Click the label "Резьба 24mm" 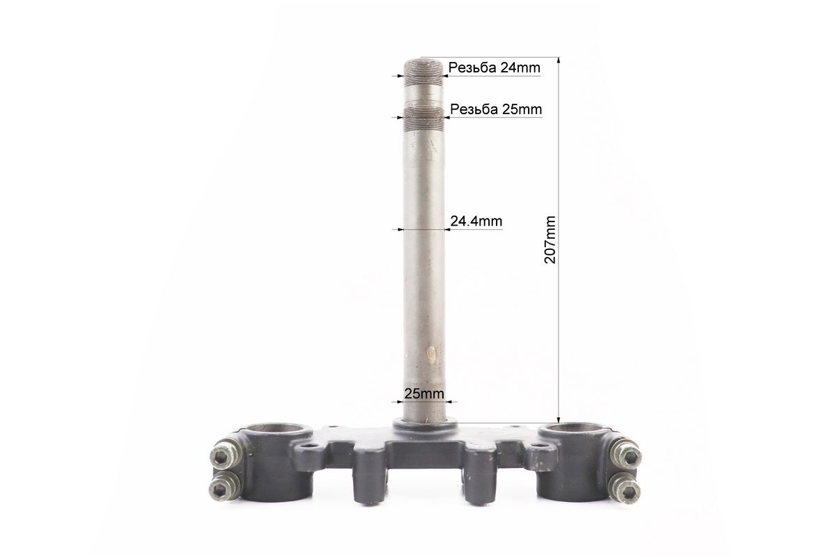[x=494, y=68]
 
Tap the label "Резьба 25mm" [x=496, y=109]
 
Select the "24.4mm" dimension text [x=476, y=221]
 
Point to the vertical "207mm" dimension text [x=550, y=240]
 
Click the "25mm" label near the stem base [x=424, y=394]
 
